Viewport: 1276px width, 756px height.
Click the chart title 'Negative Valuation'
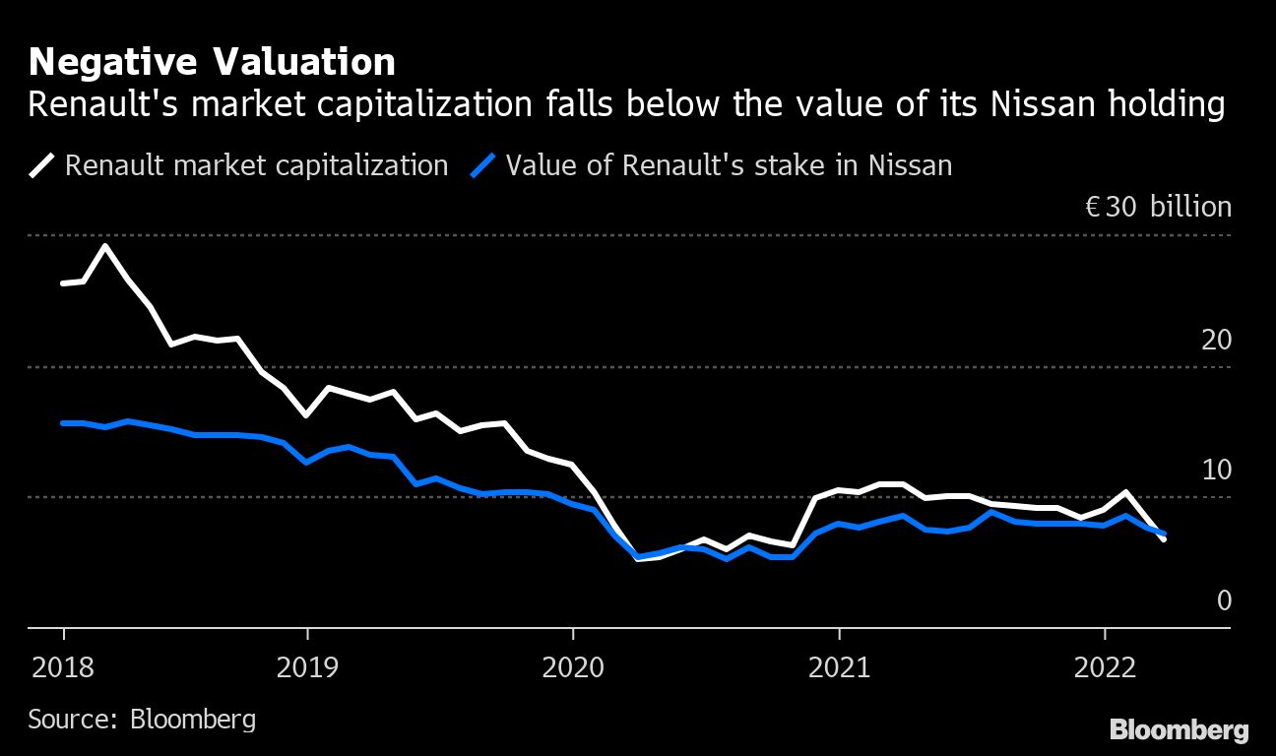click(x=212, y=63)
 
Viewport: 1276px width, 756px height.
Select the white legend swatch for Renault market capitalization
click(x=43, y=164)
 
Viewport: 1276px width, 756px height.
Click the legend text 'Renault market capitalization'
click(x=256, y=164)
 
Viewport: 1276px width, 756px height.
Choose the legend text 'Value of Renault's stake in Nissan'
click(x=729, y=164)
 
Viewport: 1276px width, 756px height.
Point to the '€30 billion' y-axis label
click(x=1157, y=208)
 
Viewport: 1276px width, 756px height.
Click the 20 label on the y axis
click(x=1216, y=341)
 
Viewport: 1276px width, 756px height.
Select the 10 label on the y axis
click(x=1216, y=471)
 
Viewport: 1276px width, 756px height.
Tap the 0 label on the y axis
click(x=1224, y=600)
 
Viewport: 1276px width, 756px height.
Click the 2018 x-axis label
click(x=63, y=668)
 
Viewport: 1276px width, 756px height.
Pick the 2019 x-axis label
click(x=307, y=668)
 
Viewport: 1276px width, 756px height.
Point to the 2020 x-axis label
click(x=572, y=668)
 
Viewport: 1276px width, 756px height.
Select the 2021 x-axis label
click(x=838, y=668)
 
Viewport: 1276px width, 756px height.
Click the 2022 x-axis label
click(x=1104, y=668)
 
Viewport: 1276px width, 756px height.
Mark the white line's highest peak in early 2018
click(x=106, y=245)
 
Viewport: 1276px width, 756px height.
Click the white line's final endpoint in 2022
click(x=1164, y=539)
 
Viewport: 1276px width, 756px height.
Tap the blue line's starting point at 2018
click(x=63, y=423)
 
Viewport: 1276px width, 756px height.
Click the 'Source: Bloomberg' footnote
click(x=142, y=719)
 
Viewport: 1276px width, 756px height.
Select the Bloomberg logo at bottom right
click(x=1179, y=730)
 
